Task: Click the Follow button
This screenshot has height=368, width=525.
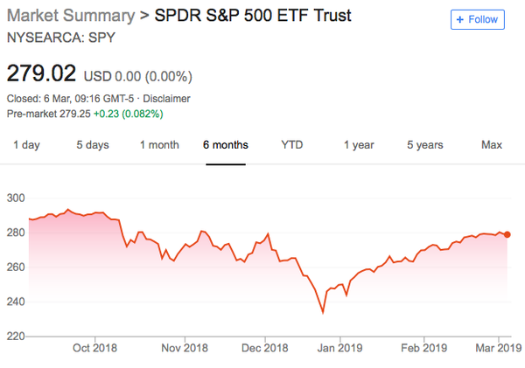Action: pyautogui.click(x=478, y=19)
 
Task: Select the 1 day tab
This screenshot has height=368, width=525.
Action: pyautogui.click(x=28, y=144)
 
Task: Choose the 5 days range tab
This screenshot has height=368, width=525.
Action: pyautogui.click(x=92, y=144)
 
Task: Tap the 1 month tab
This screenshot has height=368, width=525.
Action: pyautogui.click(x=159, y=144)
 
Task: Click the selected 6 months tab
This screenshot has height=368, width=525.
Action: pyautogui.click(x=225, y=144)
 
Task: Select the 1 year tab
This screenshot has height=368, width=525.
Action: pyautogui.click(x=360, y=144)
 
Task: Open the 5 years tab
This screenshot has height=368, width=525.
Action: pyautogui.click(x=424, y=144)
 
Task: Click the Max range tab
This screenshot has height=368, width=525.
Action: pyautogui.click(x=492, y=144)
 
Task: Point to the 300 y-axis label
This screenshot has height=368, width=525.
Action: pyautogui.click(x=15, y=198)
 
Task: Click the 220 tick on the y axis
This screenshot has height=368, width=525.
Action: pyautogui.click(x=15, y=336)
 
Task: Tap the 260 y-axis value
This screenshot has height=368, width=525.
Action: pyautogui.click(x=15, y=267)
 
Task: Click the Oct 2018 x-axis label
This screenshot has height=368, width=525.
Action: pyautogui.click(x=94, y=348)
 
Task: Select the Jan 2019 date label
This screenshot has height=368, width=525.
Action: pyautogui.click(x=339, y=348)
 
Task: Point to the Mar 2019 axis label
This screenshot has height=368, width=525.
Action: pyautogui.click(x=498, y=348)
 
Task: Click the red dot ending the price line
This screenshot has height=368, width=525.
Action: pyautogui.click(x=507, y=234)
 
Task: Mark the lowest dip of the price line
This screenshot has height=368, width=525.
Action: pyautogui.click(x=323, y=312)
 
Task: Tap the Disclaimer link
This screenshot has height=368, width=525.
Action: pyautogui.click(x=166, y=99)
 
